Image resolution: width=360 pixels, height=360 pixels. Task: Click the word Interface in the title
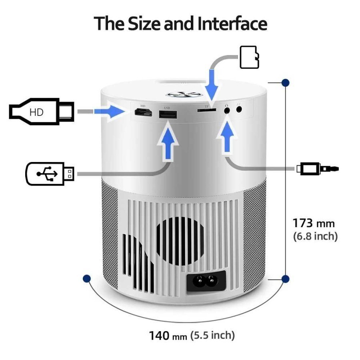coord(232,24)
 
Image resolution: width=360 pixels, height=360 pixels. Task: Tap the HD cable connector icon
coord(41,111)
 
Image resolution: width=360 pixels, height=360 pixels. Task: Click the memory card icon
coord(249,57)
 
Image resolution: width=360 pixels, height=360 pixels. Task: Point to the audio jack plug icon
coord(318,168)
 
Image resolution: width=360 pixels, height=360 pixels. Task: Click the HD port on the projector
coord(143,114)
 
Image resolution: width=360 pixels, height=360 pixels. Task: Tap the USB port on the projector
coord(168,115)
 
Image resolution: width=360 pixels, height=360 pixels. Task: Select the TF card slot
coord(207,109)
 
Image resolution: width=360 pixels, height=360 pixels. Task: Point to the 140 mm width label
coord(168,335)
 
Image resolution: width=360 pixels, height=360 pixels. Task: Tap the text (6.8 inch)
coord(316,236)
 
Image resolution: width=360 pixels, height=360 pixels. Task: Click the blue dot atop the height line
coord(285,83)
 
